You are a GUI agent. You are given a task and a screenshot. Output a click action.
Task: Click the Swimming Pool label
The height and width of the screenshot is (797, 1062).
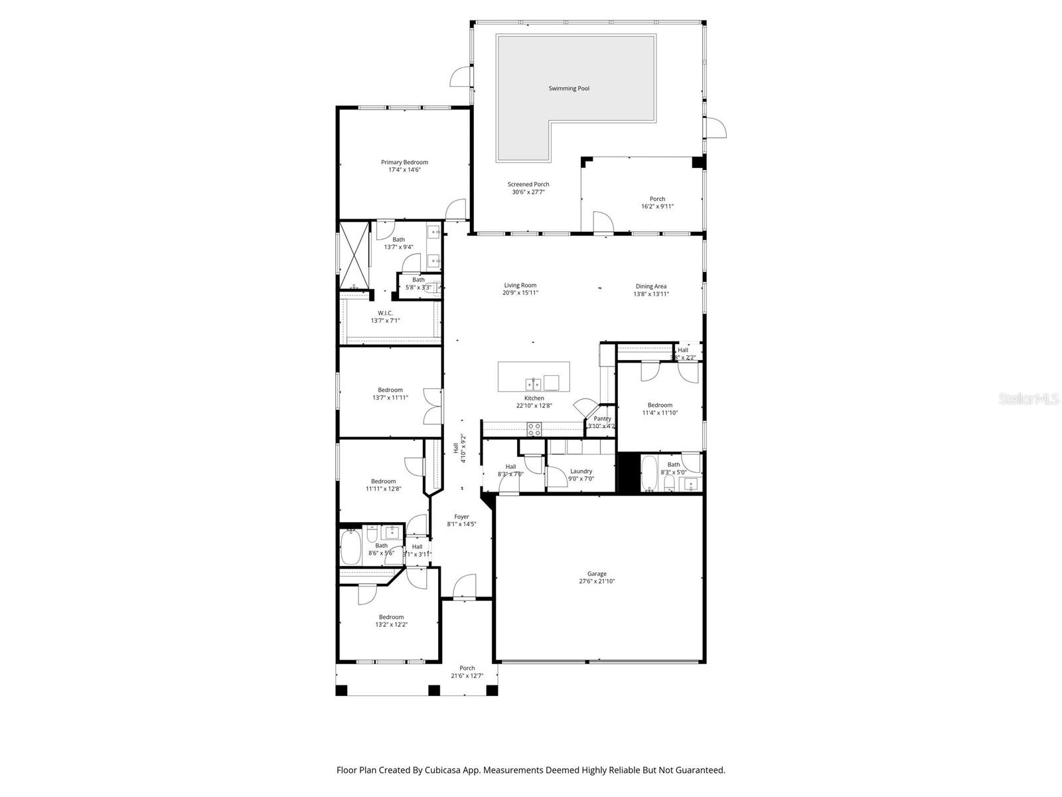tap(569, 88)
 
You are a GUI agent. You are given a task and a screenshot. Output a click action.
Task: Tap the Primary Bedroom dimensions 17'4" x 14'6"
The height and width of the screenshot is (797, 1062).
tap(404, 170)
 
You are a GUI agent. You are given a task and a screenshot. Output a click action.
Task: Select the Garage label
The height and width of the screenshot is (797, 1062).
tap(597, 574)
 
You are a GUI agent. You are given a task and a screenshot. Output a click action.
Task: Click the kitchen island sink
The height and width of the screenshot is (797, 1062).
tap(532, 383)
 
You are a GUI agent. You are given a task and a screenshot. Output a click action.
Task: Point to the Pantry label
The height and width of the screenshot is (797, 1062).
tap(602, 418)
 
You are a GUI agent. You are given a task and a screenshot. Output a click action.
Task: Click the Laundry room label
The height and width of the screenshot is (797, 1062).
tap(581, 471)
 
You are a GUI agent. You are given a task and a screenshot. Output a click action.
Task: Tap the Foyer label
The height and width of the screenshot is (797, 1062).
tap(461, 516)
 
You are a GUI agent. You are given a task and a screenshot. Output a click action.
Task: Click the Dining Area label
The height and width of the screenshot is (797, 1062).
tap(650, 286)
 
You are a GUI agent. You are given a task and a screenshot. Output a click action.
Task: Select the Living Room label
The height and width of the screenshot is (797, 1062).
tap(520, 285)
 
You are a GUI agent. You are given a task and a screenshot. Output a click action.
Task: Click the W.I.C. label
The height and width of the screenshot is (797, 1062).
tap(385, 313)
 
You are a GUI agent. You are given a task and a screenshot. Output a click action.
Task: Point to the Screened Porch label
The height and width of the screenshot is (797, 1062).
tap(528, 184)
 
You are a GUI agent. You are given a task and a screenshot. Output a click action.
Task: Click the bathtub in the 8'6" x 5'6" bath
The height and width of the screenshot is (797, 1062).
tap(350, 547)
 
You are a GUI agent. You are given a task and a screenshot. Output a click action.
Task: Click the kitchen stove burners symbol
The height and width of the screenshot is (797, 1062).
tap(535, 429)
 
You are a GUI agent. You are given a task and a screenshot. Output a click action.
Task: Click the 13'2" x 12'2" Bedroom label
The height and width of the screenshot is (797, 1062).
tap(391, 617)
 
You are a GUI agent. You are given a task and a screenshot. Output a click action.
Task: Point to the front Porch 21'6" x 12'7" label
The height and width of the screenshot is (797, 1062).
tap(467, 668)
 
